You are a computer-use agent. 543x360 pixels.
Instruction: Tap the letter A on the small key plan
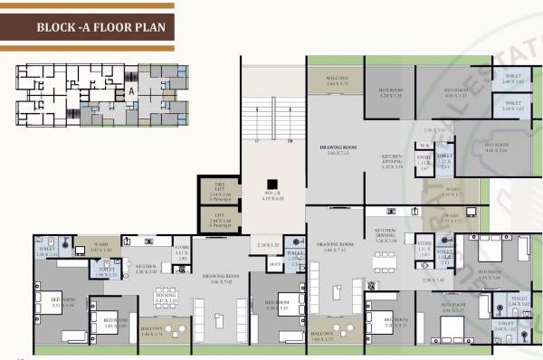pyautogui.click(x=130, y=91)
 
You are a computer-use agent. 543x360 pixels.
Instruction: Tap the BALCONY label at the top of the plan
pyautogui.click(x=335, y=81)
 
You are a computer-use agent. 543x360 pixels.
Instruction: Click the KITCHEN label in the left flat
pyautogui.click(x=147, y=268)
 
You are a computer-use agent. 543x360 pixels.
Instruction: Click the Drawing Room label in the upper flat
pyautogui.click(x=335, y=148)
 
